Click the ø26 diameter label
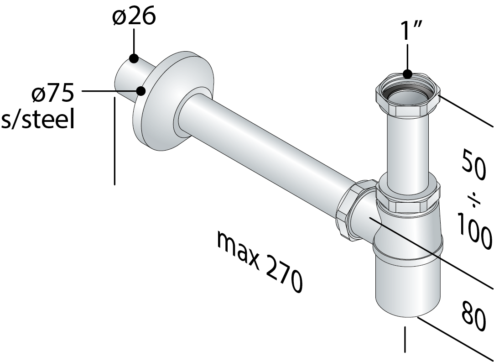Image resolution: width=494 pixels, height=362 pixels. [x=134, y=17]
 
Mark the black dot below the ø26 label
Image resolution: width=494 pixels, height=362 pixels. [x=134, y=58]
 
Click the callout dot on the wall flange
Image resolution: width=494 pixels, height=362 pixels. [x=140, y=91]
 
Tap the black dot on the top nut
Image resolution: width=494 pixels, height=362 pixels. [x=408, y=74]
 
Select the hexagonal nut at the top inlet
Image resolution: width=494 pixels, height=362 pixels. [x=407, y=98]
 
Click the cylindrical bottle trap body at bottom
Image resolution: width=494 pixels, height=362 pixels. [x=407, y=283]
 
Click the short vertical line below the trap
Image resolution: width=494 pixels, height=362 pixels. [x=405, y=340]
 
